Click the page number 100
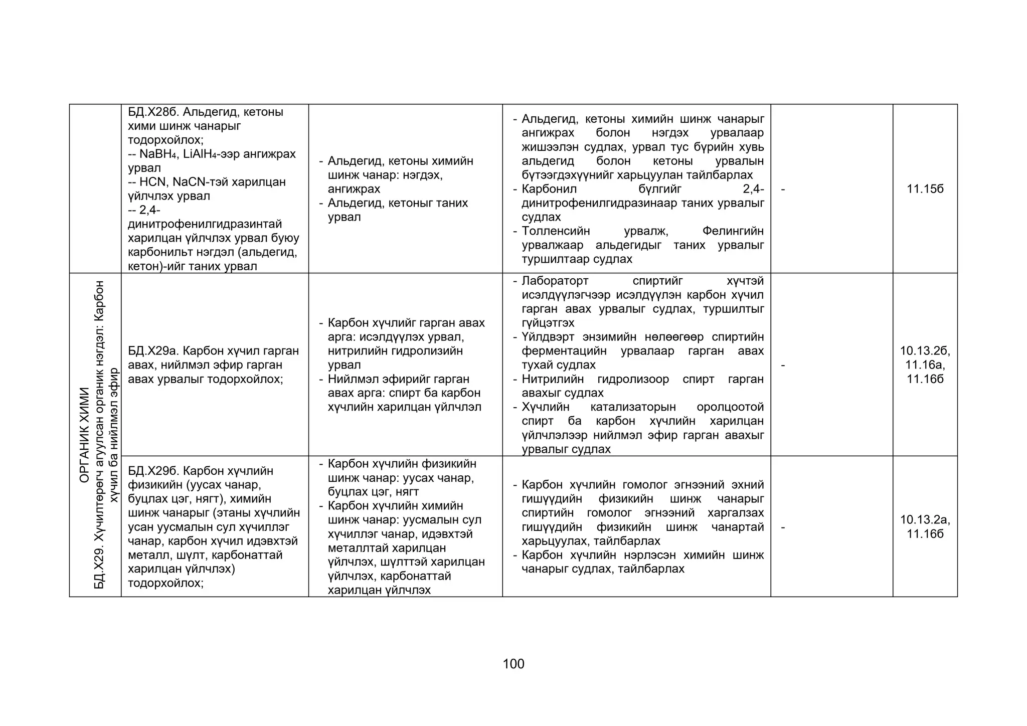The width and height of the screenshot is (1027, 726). point(513,664)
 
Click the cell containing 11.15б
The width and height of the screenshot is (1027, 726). point(925,189)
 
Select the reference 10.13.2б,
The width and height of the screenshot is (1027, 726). point(925,351)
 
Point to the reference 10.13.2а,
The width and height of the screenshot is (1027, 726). point(925,519)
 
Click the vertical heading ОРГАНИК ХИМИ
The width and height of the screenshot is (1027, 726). point(84,435)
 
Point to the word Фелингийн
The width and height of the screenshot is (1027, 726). point(733,231)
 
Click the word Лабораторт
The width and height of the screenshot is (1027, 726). point(555,281)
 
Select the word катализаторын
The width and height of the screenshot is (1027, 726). point(633,407)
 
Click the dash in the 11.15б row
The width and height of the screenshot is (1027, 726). point(783,190)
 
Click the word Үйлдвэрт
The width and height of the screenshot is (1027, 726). point(548,337)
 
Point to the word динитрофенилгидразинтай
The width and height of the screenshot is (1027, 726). point(205,224)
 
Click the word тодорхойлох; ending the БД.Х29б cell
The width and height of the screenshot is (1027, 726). point(165,583)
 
